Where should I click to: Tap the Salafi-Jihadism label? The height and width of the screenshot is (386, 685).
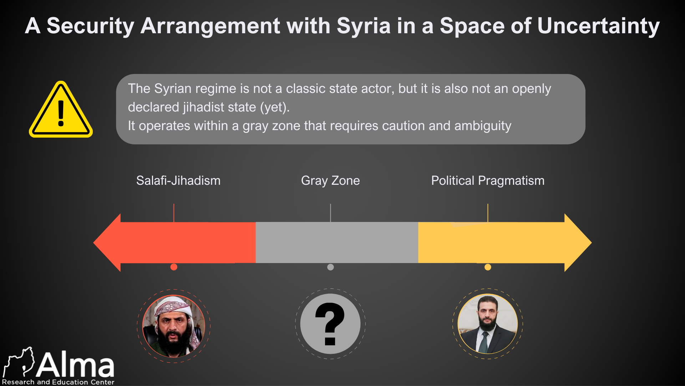click(x=178, y=180)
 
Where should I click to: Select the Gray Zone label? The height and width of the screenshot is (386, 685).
click(x=330, y=180)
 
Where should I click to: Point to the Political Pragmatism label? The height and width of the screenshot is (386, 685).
click(x=488, y=180)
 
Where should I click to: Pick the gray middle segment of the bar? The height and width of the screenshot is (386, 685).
click(x=337, y=243)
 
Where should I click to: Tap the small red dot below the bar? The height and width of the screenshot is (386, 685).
click(x=174, y=267)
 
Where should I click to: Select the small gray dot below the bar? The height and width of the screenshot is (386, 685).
click(x=330, y=267)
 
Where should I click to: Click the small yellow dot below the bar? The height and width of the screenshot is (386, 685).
click(x=488, y=267)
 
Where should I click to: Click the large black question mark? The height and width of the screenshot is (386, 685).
click(x=330, y=323)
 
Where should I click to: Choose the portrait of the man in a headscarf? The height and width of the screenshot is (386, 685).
click(x=174, y=326)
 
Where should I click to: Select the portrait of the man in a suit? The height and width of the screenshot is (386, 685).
click(x=488, y=324)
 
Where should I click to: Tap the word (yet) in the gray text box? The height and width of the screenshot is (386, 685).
click(x=274, y=107)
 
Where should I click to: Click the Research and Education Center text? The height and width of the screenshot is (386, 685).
click(x=58, y=382)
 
